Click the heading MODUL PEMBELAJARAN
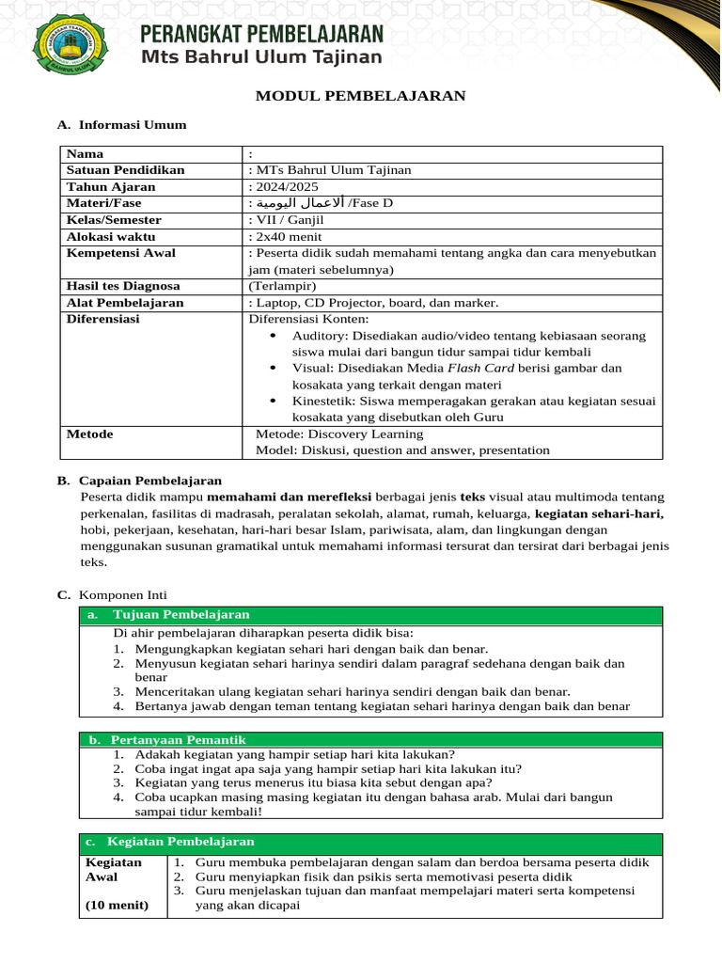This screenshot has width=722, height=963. tap(361, 96)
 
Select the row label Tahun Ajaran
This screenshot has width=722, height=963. tap(111, 186)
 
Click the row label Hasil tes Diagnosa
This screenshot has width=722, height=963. tap(123, 285)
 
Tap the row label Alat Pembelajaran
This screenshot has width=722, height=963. tap(125, 303)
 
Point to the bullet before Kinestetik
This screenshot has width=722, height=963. tap(273, 401)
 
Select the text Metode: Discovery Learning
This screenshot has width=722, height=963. tap(339, 434)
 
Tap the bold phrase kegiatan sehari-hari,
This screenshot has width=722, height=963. tap(599, 513)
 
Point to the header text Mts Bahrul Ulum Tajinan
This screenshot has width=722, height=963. tap(261, 57)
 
